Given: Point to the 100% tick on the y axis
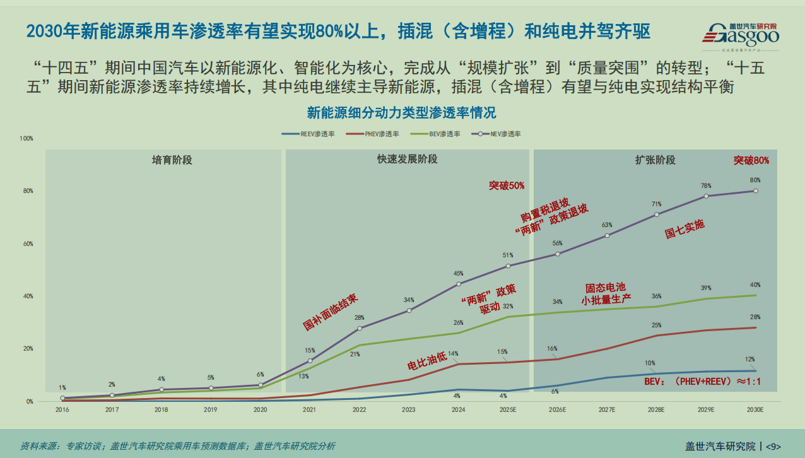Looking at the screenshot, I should coord(26,138).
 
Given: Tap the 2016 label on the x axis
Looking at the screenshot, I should coord(62,409).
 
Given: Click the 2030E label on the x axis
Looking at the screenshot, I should coord(755,409).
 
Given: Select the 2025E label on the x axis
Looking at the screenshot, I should coord(508,409).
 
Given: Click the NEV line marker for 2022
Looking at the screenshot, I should coord(360,328).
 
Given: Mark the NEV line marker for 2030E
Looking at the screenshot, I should coord(756,191).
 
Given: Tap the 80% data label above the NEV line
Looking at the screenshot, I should coord(755,180).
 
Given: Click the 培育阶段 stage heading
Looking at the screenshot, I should coord(172,160).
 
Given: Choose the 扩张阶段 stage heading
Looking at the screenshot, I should coord(655,160).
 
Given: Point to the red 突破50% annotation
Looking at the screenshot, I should coord(507,185).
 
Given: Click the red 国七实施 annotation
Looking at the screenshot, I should coord(685,228).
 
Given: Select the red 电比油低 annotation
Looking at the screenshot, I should coord(427,361).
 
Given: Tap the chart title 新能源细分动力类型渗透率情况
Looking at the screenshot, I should coord(401,113).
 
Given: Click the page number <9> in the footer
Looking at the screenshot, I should coord(773,446).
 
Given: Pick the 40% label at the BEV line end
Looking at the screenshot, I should coord(755,285).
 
